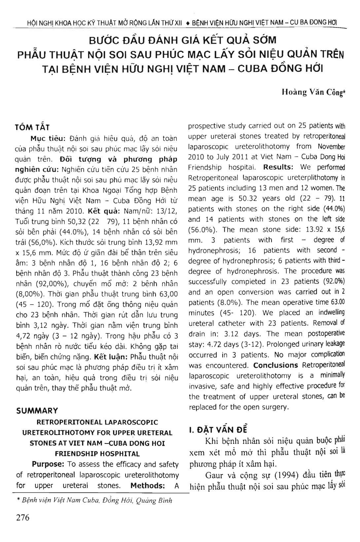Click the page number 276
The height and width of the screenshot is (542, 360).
23,517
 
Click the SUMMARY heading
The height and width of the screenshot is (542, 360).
37,411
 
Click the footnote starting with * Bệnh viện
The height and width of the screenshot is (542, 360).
94,500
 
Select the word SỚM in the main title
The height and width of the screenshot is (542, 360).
263,41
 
